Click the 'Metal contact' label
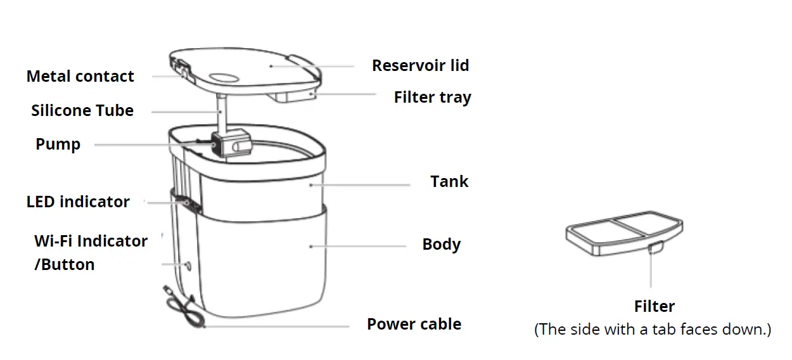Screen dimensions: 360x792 tap(80, 77)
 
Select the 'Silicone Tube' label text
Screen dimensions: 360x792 tap(82, 111)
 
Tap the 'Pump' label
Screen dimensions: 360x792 tap(58, 145)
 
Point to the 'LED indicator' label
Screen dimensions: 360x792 tap(78, 202)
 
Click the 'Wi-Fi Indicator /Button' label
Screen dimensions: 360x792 tap(91, 252)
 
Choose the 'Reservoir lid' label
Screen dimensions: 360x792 tap(420, 65)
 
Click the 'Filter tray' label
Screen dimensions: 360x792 tap(432, 98)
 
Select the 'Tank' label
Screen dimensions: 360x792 tap(449, 182)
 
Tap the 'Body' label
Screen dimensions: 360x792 tap(441, 245)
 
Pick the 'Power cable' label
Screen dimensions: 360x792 tap(414, 325)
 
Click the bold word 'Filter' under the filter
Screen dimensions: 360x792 tap(654, 307)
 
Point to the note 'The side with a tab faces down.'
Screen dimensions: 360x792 tap(653, 330)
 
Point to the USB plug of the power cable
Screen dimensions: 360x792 tap(169, 291)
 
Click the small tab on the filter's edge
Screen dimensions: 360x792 tap(654, 247)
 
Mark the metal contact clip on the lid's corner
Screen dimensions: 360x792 tap(181, 69)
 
